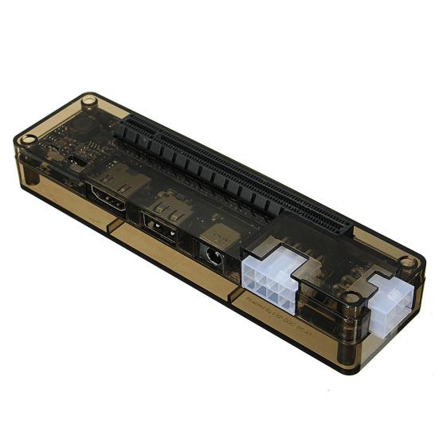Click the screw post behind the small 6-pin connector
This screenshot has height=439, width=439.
(x=408, y=261)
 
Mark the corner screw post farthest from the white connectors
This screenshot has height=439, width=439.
(x=89, y=101)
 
